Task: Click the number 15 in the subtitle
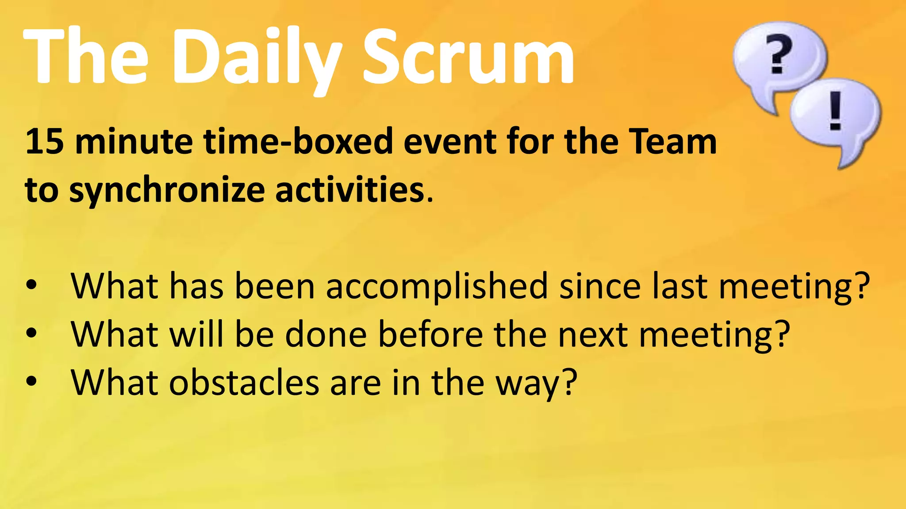click(44, 141)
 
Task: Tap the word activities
click(349, 190)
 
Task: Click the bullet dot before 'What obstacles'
click(31, 381)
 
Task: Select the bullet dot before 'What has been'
click(31, 285)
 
